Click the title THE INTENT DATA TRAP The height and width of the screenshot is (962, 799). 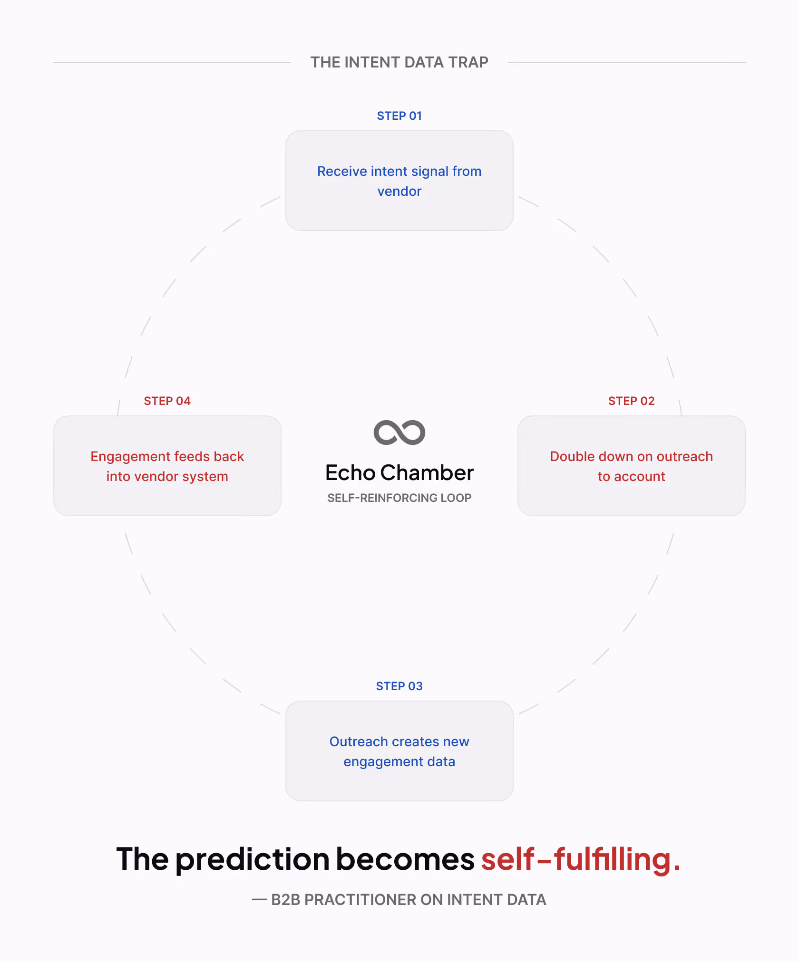(x=399, y=62)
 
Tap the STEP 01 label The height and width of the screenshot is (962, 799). (x=399, y=116)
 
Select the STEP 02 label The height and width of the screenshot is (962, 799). (x=631, y=401)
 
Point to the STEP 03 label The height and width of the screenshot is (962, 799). (x=399, y=686)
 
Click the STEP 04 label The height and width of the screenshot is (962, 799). (x=167, y=401)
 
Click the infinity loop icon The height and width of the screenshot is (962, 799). (x=399, y=433)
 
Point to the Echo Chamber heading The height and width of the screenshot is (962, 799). (x=399, y=473)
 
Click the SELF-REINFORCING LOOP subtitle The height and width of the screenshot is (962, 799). (x=399, y=498)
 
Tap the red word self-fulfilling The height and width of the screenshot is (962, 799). (x=580, y=859)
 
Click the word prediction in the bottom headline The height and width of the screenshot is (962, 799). (x=252, y=859)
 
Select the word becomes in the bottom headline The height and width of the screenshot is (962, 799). (x=405, y=859)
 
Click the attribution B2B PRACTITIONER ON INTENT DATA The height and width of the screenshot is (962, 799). (x=408, y=900)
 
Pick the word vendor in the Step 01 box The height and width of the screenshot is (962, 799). (x=399, y=192)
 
